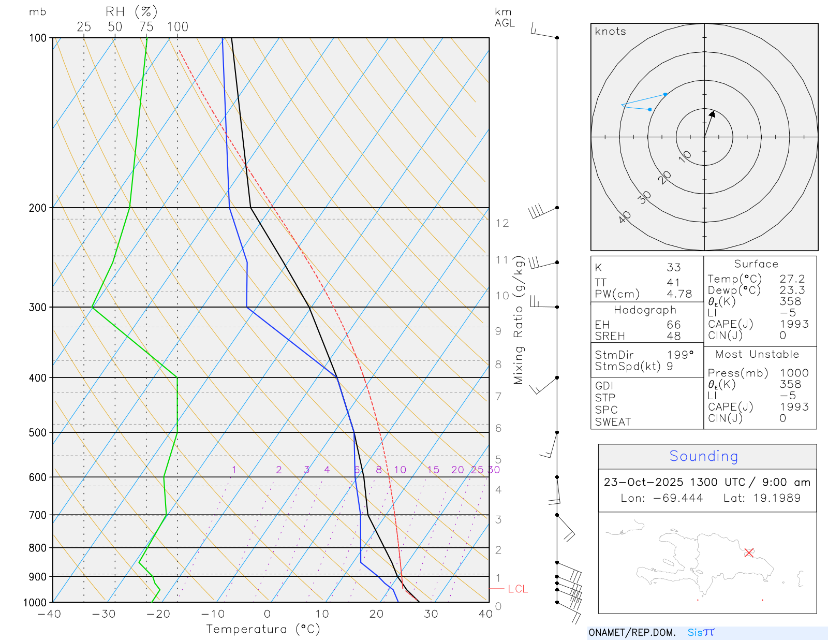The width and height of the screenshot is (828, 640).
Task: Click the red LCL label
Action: (x=517, y=589)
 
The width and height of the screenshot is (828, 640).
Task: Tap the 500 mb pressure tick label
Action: (x=38, y=433)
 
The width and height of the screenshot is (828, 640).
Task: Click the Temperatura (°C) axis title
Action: (x=263, y=629)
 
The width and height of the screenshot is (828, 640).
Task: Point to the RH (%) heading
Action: (x=131, y=12)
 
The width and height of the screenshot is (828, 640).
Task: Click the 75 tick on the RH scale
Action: (x=146, y=27)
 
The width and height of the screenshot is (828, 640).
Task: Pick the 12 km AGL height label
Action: (x=502, y=223)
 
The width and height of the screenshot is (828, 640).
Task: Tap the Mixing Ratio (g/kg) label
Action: (x=519, y=320)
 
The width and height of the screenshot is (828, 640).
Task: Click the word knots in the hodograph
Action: (x=610, y=32)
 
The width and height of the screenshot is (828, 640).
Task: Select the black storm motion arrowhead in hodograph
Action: (x=712, y=114)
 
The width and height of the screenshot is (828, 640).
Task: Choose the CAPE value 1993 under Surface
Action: (x=794, y=324)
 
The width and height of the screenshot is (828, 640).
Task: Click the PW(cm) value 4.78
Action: (x=679, y=294)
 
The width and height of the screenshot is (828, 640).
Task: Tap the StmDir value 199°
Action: (x=679, y=355)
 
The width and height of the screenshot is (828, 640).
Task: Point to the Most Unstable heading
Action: (x=757, y=355)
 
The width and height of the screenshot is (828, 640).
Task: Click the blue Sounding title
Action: (x=703, y=456)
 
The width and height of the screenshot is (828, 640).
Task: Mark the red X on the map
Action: (x=749, y=552)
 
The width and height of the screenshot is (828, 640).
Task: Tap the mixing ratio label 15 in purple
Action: (x=433, y=470)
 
